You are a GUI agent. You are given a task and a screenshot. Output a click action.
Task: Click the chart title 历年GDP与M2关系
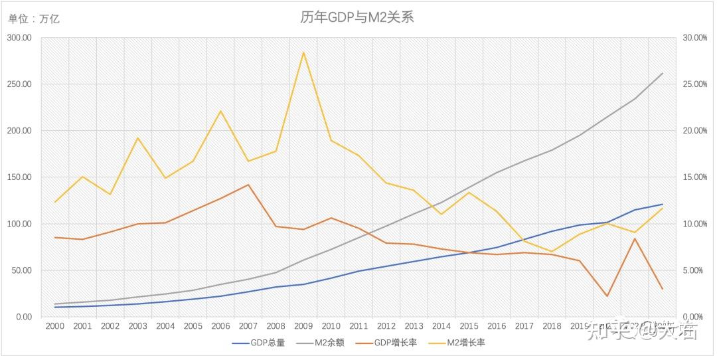pyautogui.click(x=357, y=17)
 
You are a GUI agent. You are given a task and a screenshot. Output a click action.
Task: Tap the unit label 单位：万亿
pyautogui.click(x=34, y=19)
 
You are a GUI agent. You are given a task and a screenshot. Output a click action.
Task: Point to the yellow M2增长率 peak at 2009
pyautogui.click(x=303, y=52)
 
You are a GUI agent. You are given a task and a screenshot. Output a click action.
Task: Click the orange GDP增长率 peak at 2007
pyautogui.click(x=248, y=185)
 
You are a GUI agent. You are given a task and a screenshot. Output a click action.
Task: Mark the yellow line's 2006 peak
pyautogui.click(x=220, y=111)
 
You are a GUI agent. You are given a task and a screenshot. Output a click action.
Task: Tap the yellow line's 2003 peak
pyautogui.click(x=137, y=138)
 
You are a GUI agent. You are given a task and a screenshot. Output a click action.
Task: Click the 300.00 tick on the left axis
pyautogui.click(x=19, y=38)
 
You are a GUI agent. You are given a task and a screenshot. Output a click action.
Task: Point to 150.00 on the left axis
pyautogui.click(x=19, y=177)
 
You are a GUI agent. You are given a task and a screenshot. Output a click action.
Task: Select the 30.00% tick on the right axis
pyautogui.click(x=695, y=38)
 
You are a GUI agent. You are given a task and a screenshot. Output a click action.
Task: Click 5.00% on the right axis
pyautogui.click(x=695, y=270)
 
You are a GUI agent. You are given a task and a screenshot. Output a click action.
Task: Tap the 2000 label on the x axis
pyautogui.click(x=54, y=326)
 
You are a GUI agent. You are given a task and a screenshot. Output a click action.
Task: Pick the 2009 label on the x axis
pyautogui.click(x=303, y=326)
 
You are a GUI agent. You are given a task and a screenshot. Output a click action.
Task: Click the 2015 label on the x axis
pyautogui.click(x=469, y=326)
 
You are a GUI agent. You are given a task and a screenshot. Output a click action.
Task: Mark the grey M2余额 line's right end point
pyautogui.click(x=663, y=73)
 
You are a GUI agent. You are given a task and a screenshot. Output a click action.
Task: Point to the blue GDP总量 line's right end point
pyautogui.click(x=663, y=204)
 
